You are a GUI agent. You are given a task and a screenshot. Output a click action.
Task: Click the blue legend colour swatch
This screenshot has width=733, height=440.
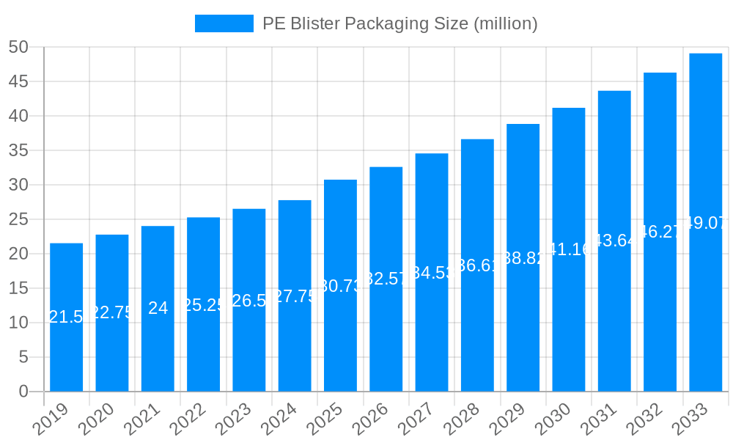[x=224, y=23]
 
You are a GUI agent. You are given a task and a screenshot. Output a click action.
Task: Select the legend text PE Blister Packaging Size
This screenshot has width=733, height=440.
[x=399, y=23]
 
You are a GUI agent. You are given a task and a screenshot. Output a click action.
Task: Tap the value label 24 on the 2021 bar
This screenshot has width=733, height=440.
[x=158, y=308]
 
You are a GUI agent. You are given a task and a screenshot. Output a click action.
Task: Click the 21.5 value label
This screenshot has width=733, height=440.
[x=66, y=317]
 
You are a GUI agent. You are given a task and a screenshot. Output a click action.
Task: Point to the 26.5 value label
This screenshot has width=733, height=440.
[x=249, y=300]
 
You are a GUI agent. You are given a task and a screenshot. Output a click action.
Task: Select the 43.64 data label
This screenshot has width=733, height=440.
[x=614, y=241]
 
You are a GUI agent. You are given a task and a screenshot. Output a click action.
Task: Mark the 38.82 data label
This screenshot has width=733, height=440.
[x=523, y=257]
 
